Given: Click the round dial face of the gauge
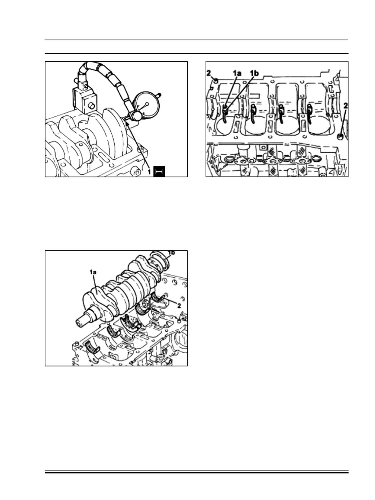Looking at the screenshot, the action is pyautogui.click(x=147, y=104).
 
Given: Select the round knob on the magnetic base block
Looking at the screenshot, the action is pyautogui.click(x=92, y=106).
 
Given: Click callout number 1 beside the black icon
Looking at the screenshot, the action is pyautogui.click(x=149, y=172).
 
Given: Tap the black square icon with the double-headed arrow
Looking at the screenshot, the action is pyautogui.click(x=159, y=171).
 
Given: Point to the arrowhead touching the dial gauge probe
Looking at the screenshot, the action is pyautogui.click(x=127, y=124).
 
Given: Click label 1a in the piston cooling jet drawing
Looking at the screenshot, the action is pyautogui.click(x=237, y=73).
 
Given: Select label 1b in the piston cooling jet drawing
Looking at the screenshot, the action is pyautogui.click(x=254, y=73).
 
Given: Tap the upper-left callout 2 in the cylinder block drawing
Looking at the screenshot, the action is pyautogui.click(x=209, y=73).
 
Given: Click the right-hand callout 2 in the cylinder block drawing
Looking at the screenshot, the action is pyautogui.click(x=345, y=106).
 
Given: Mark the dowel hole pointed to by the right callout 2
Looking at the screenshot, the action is pyautogui.click(x=340, y=137).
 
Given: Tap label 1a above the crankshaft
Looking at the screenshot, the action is pyautogui.click(x=93, y=272).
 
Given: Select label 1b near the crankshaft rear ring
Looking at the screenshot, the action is pyautogui.click(x=171, y=253).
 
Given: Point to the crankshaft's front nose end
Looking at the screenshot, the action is pyautogui.click(x=80, y=324).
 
